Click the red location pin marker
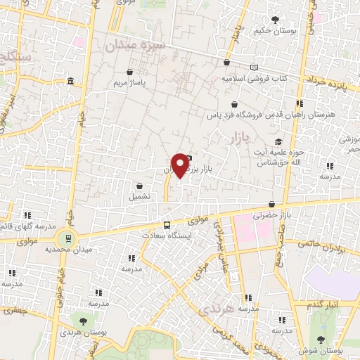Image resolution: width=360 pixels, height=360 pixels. (181, 165)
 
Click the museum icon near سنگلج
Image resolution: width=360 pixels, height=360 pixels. (72, 84)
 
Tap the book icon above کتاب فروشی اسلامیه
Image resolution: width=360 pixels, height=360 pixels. (255, 66)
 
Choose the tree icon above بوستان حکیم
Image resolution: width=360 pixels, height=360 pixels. (274, 20)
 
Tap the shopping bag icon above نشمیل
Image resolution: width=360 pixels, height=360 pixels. (140, 186)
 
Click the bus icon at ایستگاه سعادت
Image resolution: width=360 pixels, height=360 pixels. (167, 225)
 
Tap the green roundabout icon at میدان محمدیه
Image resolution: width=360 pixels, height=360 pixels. (67, 238)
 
